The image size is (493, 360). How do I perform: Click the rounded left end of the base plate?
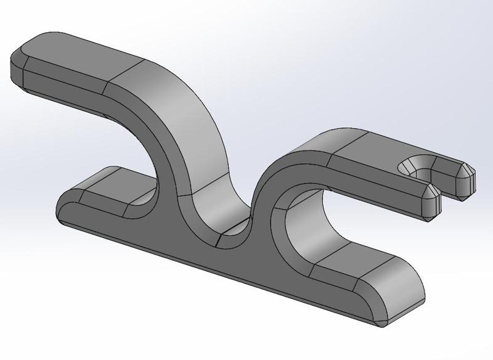pos(62,210)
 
